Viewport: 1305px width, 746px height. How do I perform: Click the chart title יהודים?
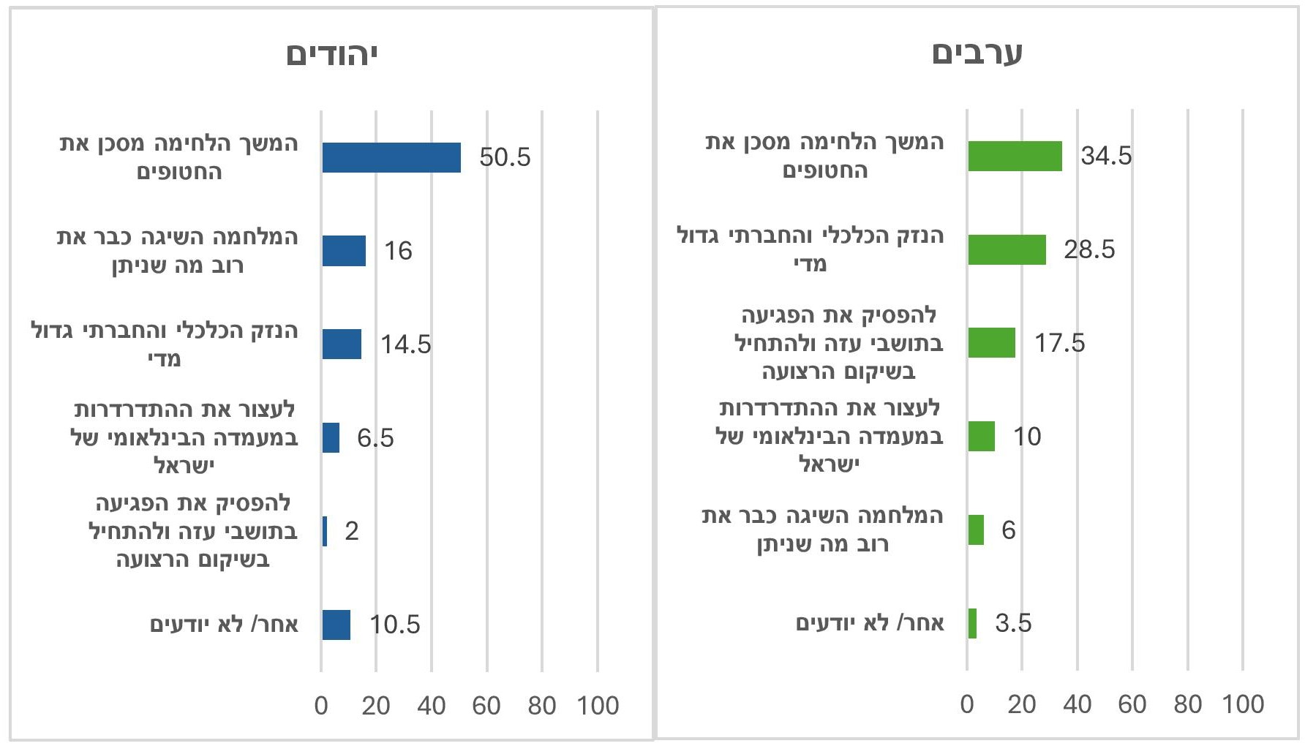click(331, 55)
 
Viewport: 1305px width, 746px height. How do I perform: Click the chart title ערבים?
click(977, 53)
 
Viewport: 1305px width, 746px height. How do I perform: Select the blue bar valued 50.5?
click(391, 157)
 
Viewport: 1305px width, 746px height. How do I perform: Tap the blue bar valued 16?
click(344, 251)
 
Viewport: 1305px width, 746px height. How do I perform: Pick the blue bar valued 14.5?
click(342, 344)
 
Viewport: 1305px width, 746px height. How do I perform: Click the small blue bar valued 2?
click(325, 531)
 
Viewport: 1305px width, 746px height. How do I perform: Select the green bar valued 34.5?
click(1015, 156)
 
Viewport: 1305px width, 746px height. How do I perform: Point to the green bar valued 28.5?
click(1007, 249)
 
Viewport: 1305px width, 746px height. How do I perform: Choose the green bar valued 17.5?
click(991, 342)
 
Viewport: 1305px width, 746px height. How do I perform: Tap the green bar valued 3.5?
click(972, 623)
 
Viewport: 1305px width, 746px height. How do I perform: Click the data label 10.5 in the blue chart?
click(395, 625)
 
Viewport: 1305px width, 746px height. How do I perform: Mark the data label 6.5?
click(375, 438)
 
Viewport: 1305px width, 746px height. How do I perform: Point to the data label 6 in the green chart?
click(1009, 530)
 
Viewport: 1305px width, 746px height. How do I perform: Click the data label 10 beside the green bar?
click(1027, 437)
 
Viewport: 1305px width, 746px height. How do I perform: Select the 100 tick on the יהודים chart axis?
click(598, 706)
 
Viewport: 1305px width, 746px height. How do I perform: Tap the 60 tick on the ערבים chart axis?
click(1132, 704)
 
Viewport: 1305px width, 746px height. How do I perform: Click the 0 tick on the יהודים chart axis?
click(321, 706)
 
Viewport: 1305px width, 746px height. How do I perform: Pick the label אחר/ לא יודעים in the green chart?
click(870, 623)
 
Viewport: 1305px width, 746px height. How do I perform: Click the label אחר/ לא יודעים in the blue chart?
click(224, 625)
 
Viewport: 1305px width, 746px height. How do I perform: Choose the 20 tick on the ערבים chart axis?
click(1022, 704)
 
